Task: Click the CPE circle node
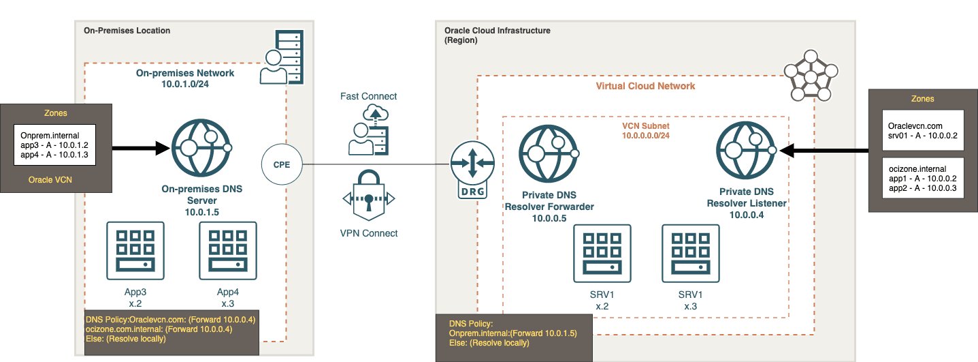tap(282, 164)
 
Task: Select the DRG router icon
tap(472, 171)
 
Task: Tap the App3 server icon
tap(135, 251)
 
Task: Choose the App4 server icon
tap(227, 251)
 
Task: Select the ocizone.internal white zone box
tap(922, 177)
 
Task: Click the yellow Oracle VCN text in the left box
tap(50, 180)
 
